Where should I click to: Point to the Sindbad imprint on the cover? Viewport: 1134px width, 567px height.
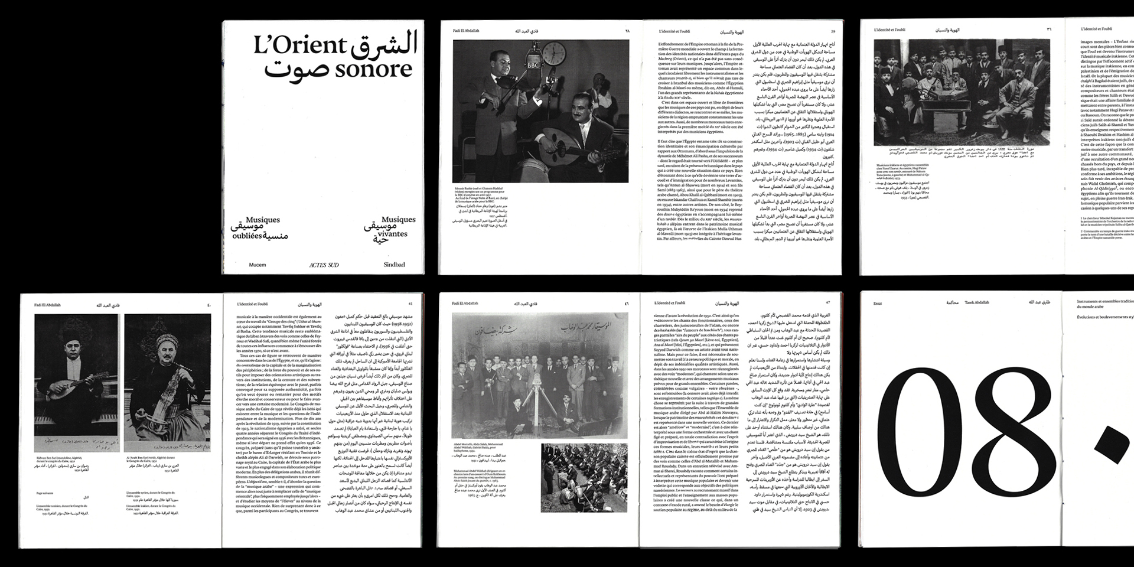(394, 265)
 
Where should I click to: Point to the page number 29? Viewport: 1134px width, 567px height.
(833, 31)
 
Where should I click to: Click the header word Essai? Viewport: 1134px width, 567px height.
(878, 303)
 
